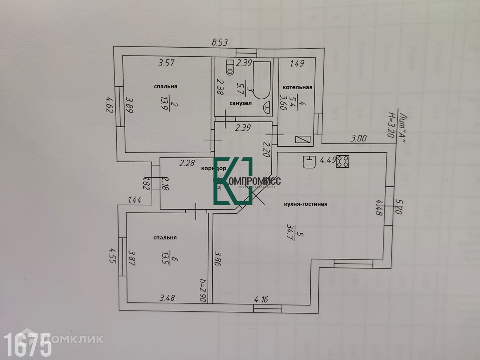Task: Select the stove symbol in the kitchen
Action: click(x=343, y=161)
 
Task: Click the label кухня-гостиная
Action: click(x=305, y=204)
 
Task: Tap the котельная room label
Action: click(x=297, y=87)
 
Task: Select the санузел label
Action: click(x=241, y=103)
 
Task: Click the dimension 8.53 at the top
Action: click(x=220, y=42)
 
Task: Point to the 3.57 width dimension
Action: click(x=166, y=63)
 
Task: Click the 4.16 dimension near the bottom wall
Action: click(x=261, y=299)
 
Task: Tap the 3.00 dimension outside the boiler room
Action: click(x=358, y=138)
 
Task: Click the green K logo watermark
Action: click(x=233, y=181)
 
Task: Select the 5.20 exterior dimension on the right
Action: click(x=398, y=206)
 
